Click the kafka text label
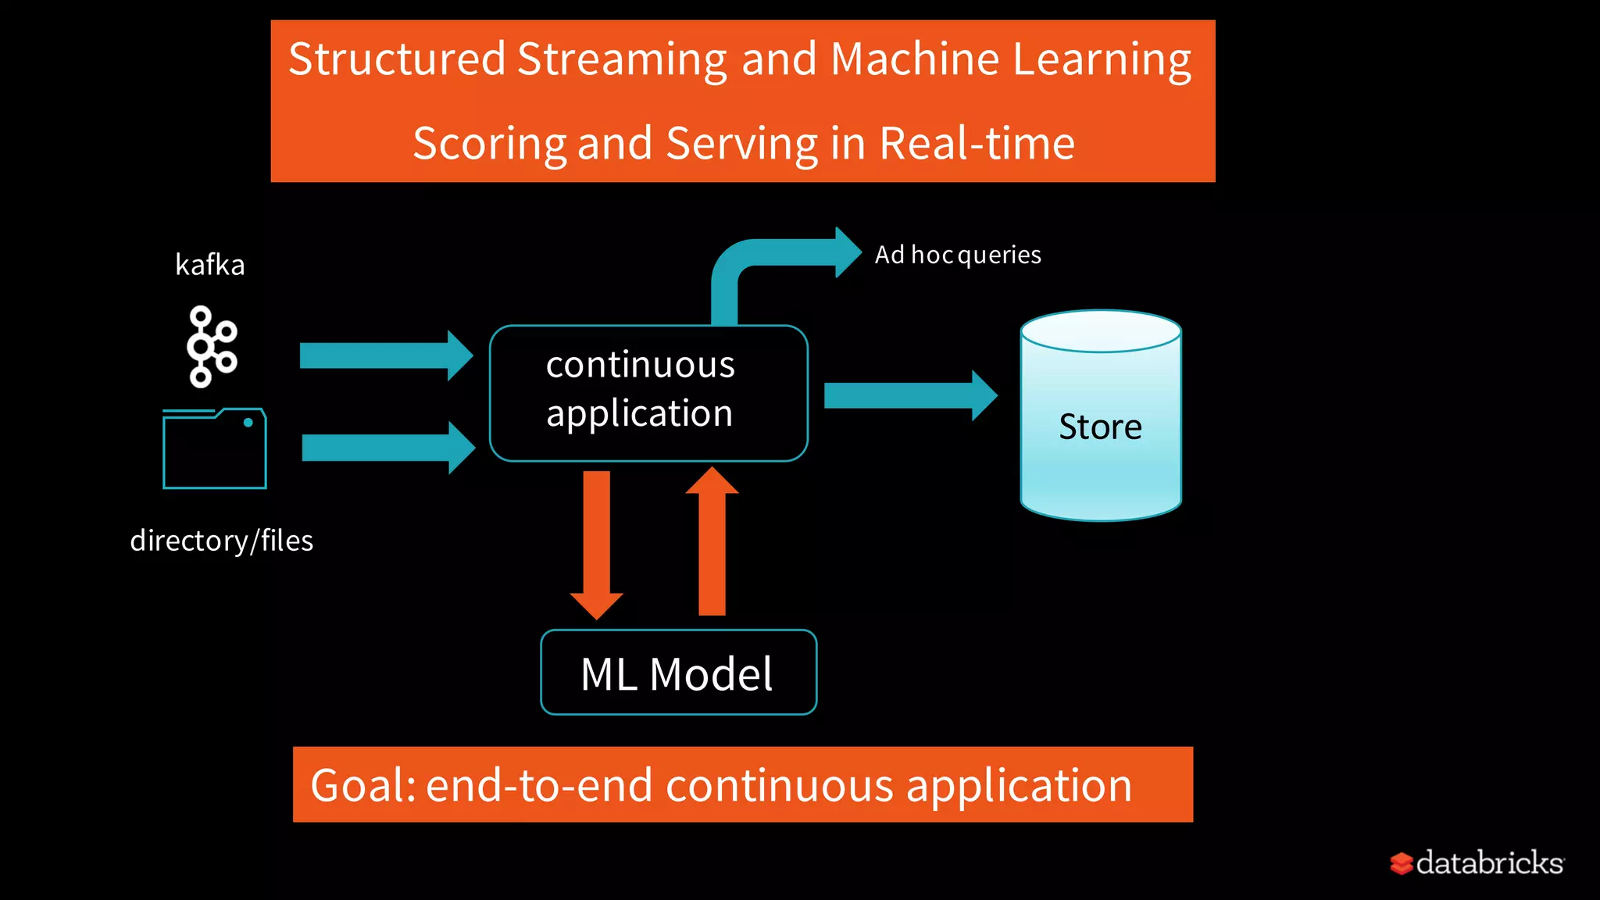pos(209,265)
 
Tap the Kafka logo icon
pos(210,346)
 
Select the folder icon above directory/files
pos(214,448)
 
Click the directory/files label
pos(221,541)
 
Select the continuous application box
pos(648,392)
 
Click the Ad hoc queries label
pos(957,255)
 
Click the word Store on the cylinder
pos(1099,427)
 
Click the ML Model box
pos(677,673)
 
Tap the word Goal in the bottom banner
pos(362,785)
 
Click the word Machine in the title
pos(914,59)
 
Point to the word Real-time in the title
pos(977,144)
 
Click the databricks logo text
pos(1489,862)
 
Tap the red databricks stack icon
pos(1402,863)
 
